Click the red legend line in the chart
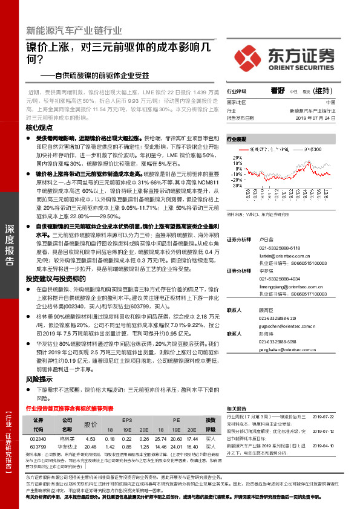click(x=245, y=149)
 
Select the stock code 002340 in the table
click(x=38, y=438)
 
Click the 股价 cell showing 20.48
click(x=90, y=446)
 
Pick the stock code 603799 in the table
click(x=38, y=446)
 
